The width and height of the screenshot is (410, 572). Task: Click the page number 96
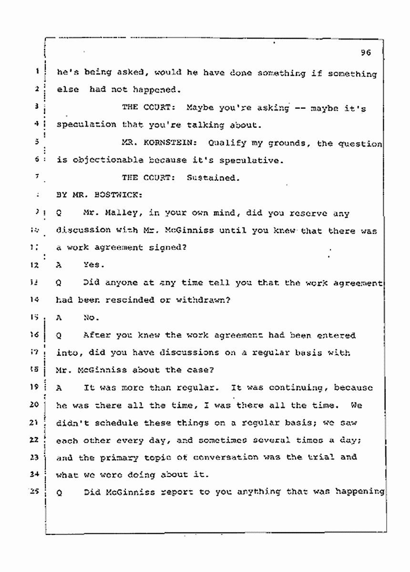pyautogui.click(x=366, y=53)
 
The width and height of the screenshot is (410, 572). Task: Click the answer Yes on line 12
pyautogui.click(x=90, y=265)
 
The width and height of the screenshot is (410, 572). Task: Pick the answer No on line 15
pyautogui.click(x=90, y=318)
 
